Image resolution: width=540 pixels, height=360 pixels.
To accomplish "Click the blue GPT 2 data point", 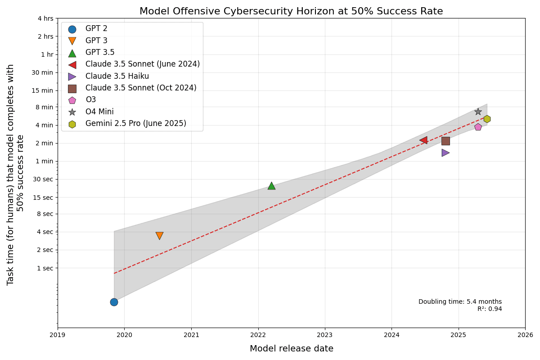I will (114, 302).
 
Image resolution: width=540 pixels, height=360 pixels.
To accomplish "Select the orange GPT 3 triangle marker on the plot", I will (159, 235).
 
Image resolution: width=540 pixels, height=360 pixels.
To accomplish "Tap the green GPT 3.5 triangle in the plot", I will (271, 186).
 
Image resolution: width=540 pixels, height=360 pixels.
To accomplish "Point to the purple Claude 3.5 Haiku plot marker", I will (445, 153).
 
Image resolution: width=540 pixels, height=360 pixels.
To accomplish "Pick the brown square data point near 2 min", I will (445, 141).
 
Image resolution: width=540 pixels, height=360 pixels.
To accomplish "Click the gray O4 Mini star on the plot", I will (478, 112).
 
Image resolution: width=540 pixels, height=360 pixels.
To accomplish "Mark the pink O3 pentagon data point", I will (478, 127).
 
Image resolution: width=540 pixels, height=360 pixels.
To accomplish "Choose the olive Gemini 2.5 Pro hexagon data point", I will (487, 119).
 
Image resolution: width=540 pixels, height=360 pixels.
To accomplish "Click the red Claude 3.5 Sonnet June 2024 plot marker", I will (423, 140).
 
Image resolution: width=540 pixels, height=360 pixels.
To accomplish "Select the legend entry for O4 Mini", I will (99, 112).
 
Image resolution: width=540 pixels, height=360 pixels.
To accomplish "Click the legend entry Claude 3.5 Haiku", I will (117, 76).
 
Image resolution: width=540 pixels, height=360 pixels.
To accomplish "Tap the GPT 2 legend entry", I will (96, 29).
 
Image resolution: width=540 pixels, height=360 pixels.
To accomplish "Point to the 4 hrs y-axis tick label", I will (45, 18).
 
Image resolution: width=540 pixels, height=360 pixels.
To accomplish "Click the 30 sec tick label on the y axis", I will (43, 179).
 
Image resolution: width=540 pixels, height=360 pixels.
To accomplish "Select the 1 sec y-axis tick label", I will (45, 268).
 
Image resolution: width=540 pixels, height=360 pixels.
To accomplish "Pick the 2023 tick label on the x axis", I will (325, 335).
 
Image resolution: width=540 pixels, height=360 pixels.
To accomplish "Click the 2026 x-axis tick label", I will (525, 335).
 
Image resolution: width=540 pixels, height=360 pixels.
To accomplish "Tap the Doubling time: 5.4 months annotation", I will (460, 302).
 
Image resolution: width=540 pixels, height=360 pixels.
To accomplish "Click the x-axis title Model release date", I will (292, 349).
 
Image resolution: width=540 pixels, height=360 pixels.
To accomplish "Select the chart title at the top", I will (291, 11).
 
